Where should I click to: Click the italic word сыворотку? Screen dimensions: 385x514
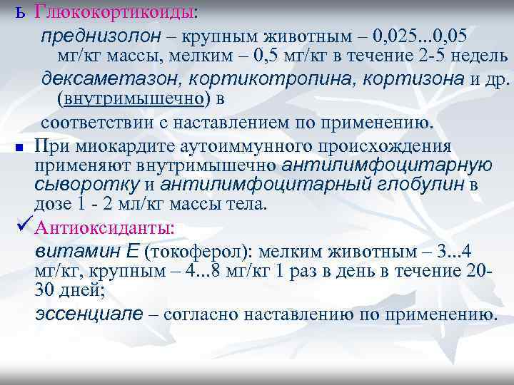click(x=86, y=185)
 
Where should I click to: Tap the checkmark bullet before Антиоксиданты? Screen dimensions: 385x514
click(x=22, y=228)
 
